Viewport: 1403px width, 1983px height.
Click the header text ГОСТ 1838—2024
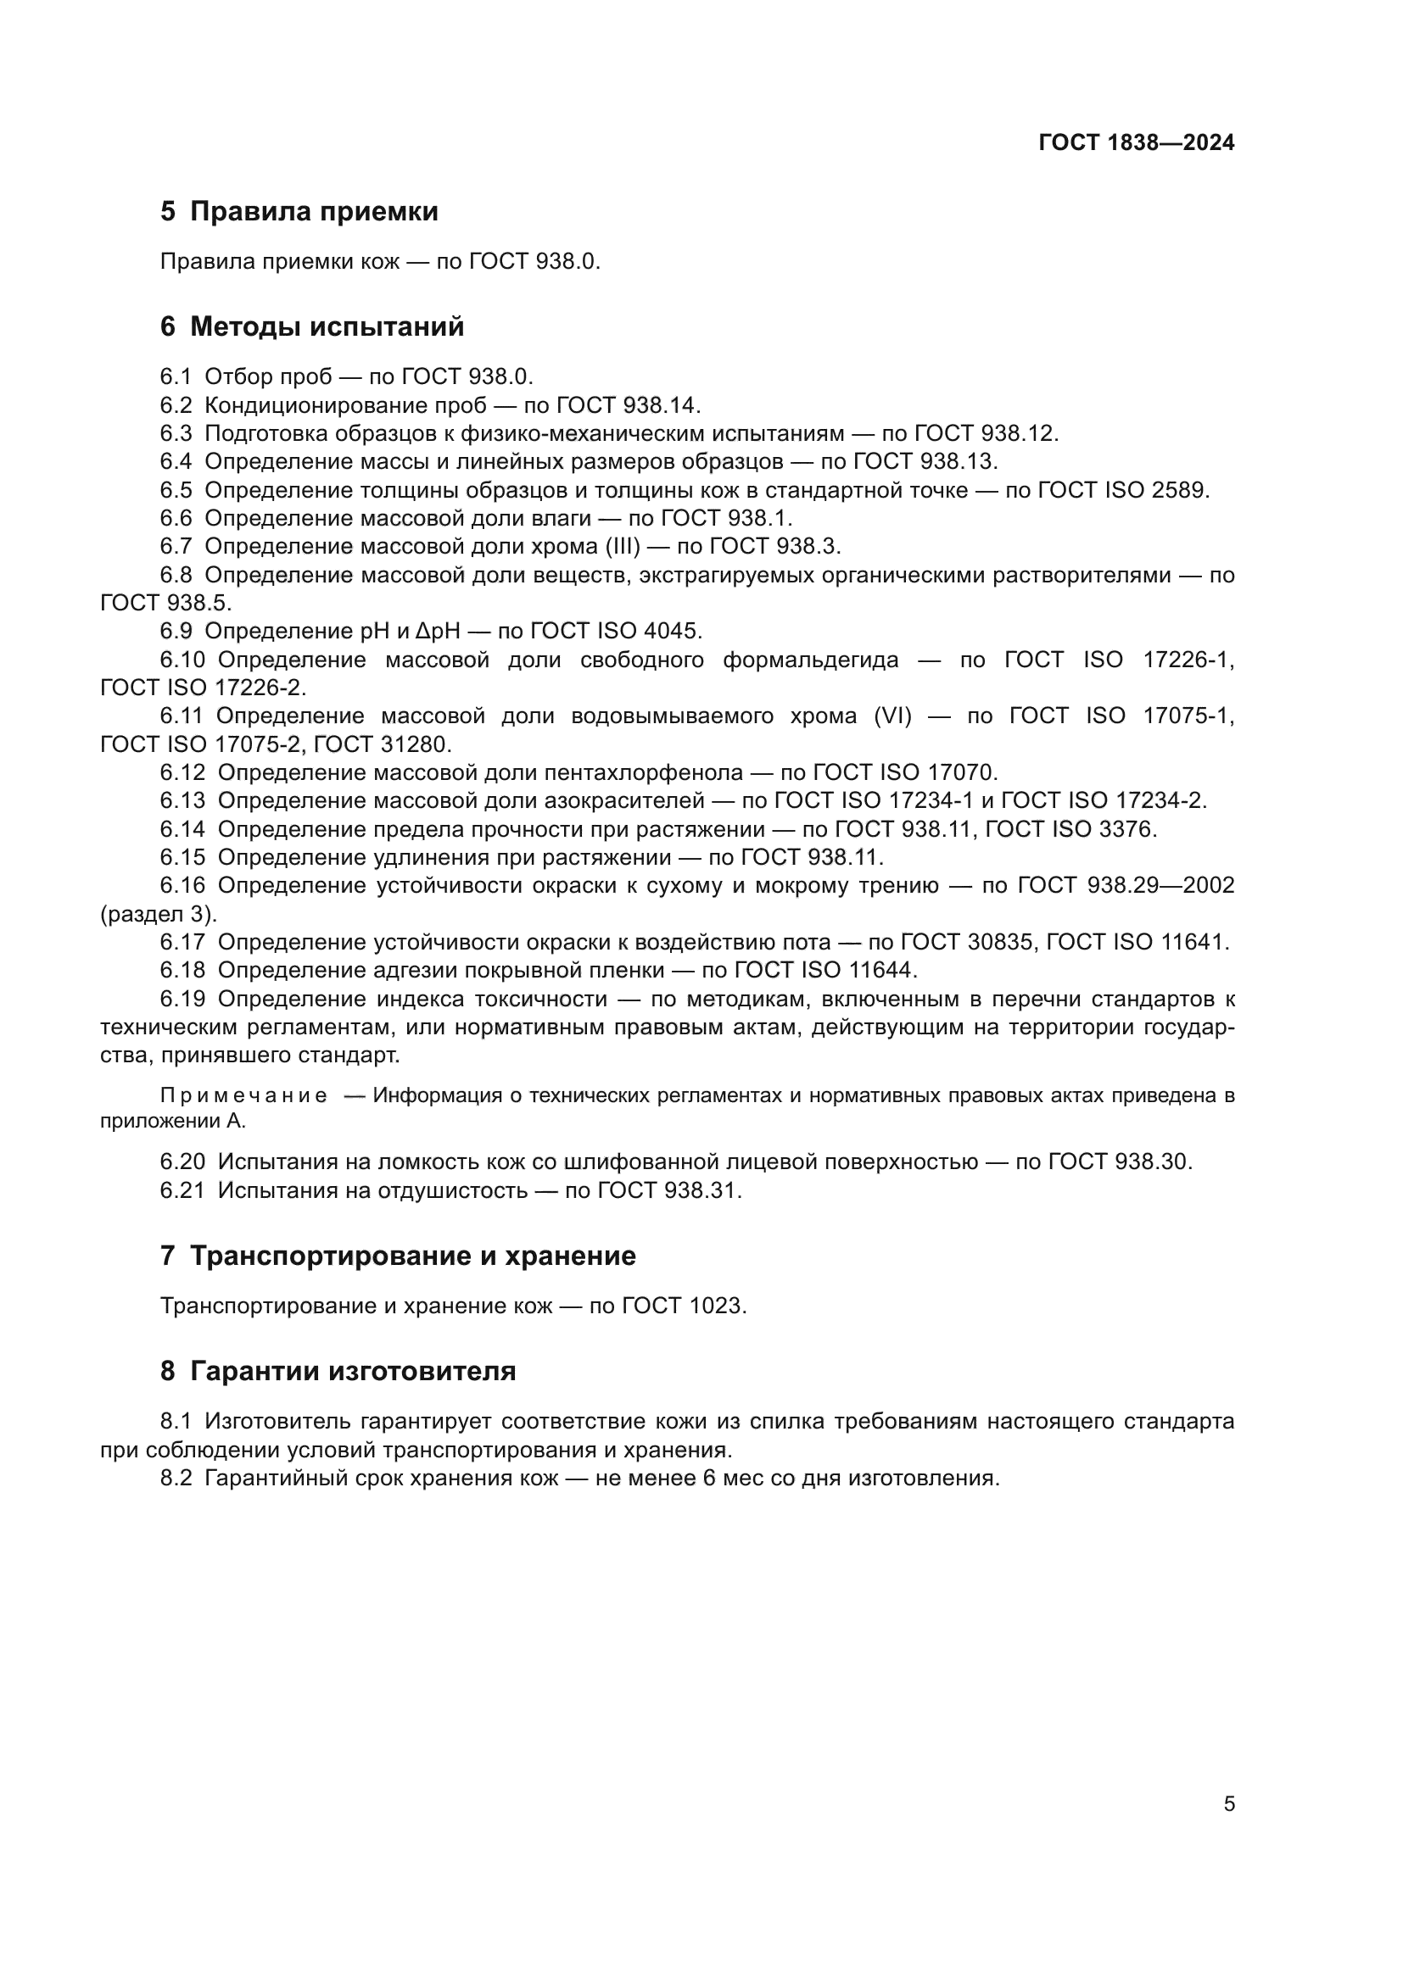click(x=1136, y=142)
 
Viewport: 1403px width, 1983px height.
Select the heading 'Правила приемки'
click(x=314, y=212)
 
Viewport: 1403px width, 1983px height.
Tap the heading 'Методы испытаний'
click(x=327, y=326)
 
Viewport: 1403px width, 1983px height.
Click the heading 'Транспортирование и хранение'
click(x=412, y=1256)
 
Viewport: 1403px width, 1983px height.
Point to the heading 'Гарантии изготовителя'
click(x=353, y=1372)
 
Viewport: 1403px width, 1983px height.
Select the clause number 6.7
click(x=176, y=547)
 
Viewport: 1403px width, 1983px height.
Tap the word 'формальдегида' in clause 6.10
click(x=810, y=660)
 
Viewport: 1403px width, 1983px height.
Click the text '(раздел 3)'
click(x=158, y=915)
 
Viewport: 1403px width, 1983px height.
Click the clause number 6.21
click(x=182, y=1191)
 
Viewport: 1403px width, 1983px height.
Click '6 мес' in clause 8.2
click(x=729, y=1479)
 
